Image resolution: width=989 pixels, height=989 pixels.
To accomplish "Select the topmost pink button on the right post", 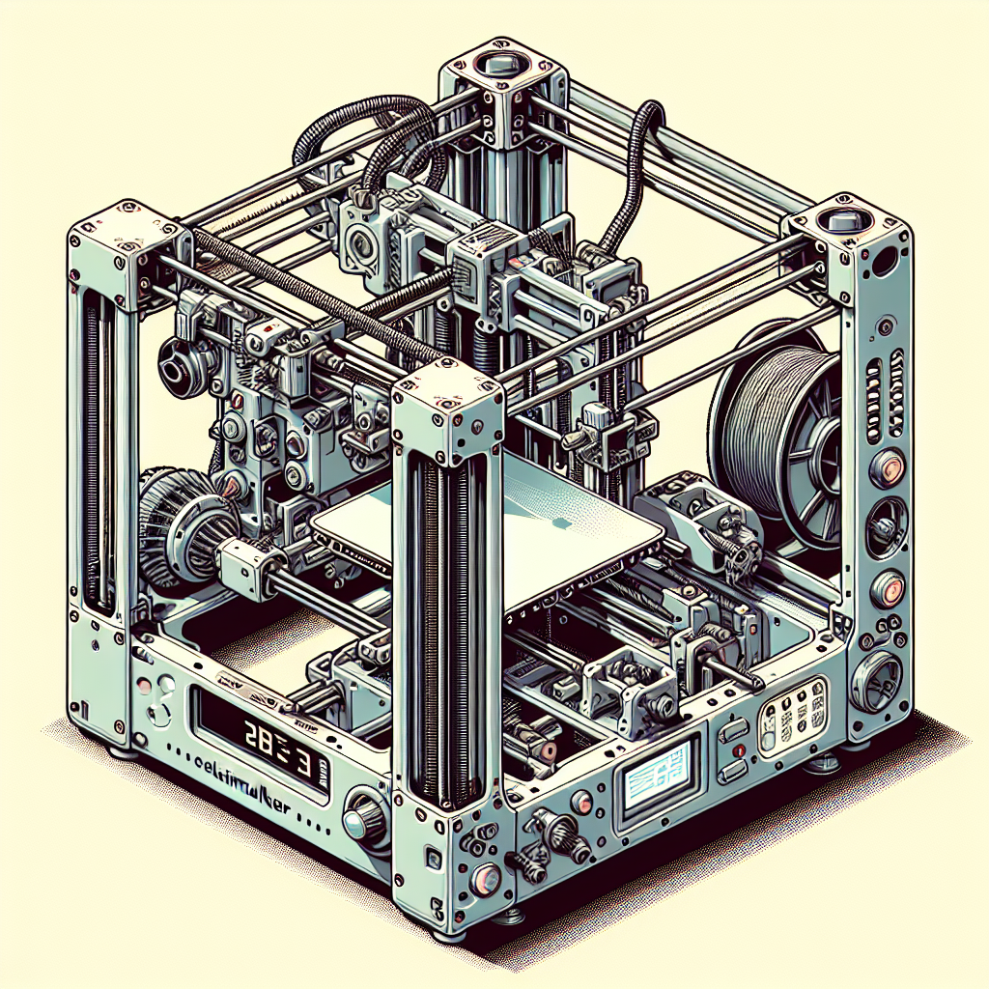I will tap(887, 470).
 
